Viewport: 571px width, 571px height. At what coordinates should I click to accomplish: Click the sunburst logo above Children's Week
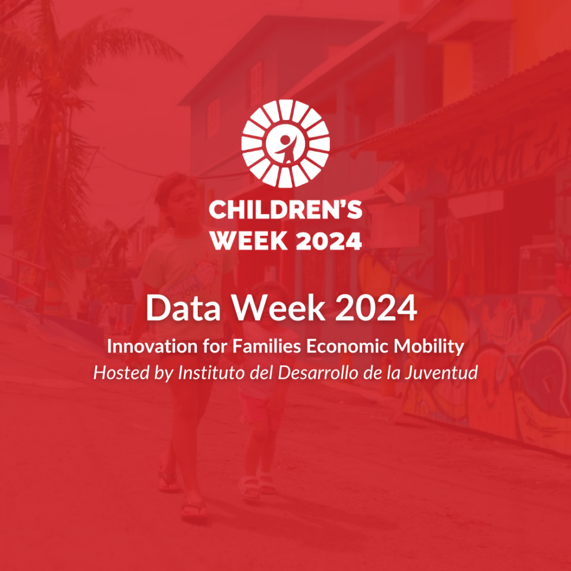(x=285, y=143)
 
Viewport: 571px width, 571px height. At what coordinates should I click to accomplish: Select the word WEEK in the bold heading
(x=249, y=241)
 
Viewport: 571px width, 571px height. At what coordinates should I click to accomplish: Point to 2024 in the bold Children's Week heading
(x=329, y=241)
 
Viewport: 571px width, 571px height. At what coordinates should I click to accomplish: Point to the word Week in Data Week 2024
(x=279, y=308)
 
